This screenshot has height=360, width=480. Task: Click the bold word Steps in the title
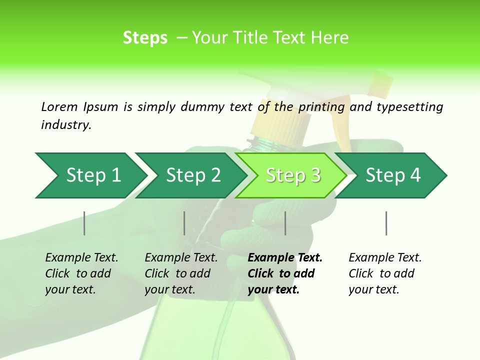coord(145,38)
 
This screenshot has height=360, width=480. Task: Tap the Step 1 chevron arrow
coord(90,175)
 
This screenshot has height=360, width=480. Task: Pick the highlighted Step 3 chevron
coord(292,175)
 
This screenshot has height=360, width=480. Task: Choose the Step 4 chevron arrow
coord(392,175)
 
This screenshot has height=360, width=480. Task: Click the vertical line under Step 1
coord(84,223)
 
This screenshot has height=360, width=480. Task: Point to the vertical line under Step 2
coord(184,223)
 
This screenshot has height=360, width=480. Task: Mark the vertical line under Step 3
coord(285,223)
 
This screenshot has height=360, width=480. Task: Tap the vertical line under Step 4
coord(386,223)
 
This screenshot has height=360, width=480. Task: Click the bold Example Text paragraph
coord(285,273)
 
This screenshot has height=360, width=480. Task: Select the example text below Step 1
coord(81,273)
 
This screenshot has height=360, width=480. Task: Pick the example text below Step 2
coord(181,273)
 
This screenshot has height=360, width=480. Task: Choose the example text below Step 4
coord(385,273)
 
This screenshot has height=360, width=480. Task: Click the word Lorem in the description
coord(59,106)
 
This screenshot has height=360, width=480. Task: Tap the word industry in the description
coord(66,125)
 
